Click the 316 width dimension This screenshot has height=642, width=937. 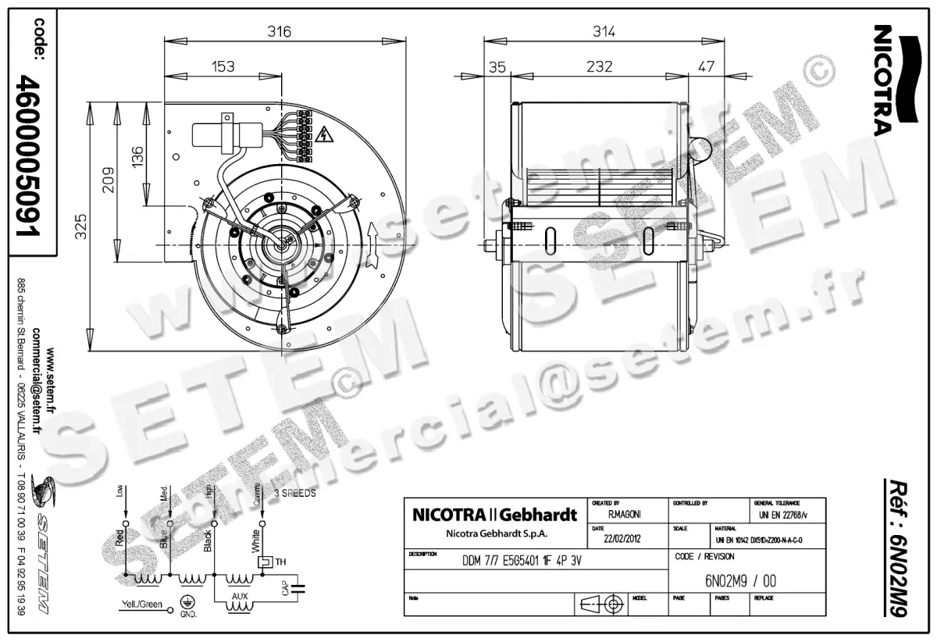click(280, 32)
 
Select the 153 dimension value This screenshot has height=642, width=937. click(223, 66)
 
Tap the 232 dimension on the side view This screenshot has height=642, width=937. click(599, 66)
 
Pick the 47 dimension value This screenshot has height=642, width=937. click(705, 66)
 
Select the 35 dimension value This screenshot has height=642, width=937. click(497, 66)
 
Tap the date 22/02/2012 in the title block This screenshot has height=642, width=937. click(618, 538)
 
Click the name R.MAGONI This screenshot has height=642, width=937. click(625, 515)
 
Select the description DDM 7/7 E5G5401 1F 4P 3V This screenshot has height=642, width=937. click(522, 561)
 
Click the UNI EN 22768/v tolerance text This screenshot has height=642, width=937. click(784, 515)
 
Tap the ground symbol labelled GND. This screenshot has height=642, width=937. click(187, 603)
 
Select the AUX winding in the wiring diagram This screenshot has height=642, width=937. click(240, 600)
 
